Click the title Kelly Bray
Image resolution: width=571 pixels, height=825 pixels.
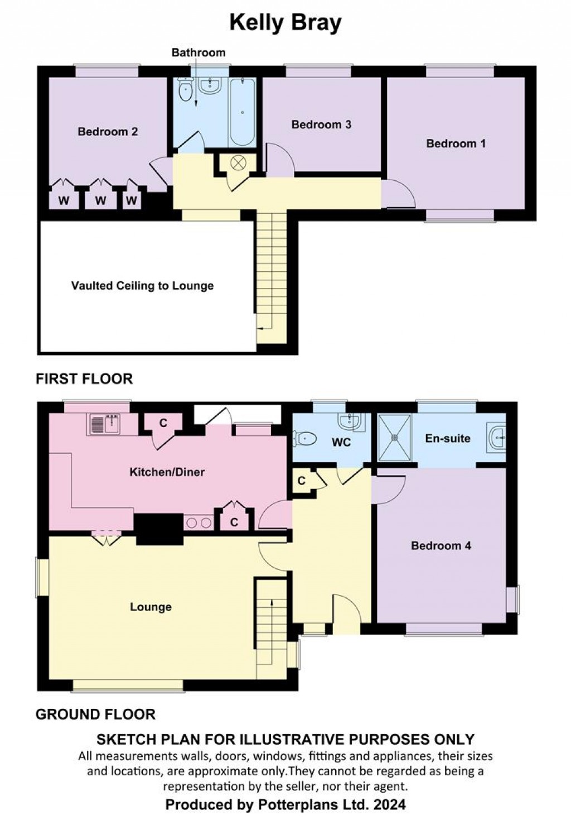point(285,23)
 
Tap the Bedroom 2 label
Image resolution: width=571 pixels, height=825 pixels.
point(108,132)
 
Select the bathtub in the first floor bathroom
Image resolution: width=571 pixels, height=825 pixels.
point(242,113)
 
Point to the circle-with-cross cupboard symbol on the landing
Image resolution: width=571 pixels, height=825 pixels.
point(238,162)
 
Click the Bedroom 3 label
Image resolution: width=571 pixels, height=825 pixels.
point(321,124)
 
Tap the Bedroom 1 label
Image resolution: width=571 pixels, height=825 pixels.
point(456,143)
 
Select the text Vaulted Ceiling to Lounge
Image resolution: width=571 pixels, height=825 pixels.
point(142,286)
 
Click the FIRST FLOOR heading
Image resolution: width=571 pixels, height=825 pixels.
point(84,379)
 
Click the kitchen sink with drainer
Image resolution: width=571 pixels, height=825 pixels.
point(104,424)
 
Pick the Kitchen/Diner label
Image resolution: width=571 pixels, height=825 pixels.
point(167,472)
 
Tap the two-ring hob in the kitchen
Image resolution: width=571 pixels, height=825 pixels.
point(199,523)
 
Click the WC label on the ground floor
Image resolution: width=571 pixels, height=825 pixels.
point(341,442)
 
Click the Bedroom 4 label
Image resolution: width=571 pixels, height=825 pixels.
point(441,546)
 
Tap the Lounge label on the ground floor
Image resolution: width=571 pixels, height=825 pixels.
point(151,607)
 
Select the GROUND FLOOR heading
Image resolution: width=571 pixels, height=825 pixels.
point(95,714)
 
